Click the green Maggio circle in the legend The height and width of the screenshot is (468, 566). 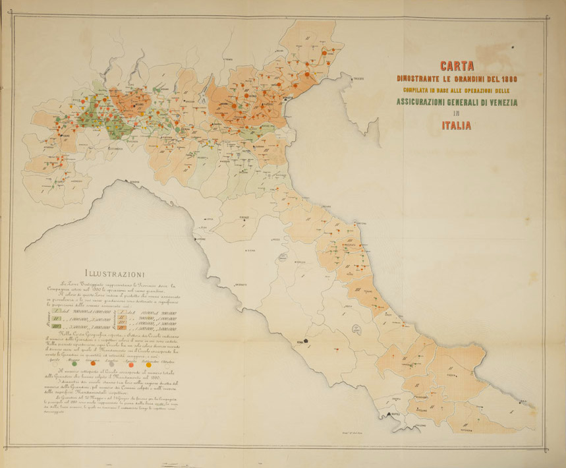coord(74,363)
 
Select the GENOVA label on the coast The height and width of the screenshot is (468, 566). coord(135,181)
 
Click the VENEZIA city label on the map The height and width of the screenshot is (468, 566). coord(289,98)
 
